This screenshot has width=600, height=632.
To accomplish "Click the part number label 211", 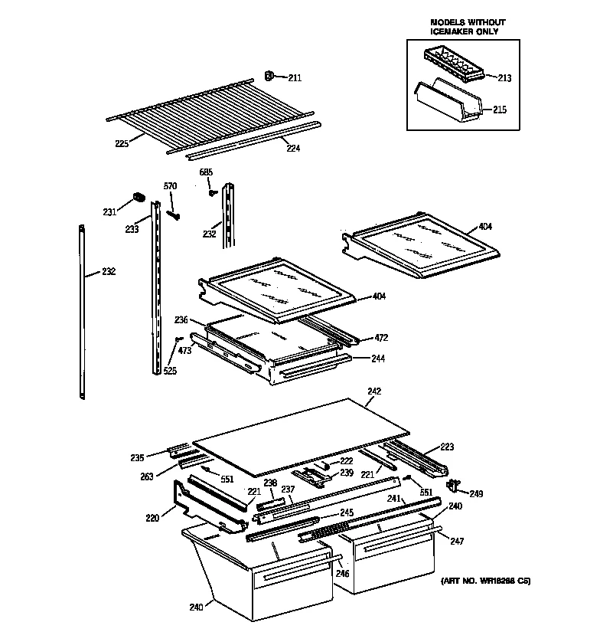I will tap(295, 77).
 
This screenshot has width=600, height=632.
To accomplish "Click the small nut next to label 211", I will tap(270, 75).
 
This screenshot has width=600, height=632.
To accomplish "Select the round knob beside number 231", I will tap(139, 198).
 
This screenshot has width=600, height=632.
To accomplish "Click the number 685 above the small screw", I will tap(206, 172).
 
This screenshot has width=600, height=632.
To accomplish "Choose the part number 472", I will tap(381, 338).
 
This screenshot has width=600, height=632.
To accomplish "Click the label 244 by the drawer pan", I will tap(378, 359).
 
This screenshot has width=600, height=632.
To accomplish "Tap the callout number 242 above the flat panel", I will tap(373, 391).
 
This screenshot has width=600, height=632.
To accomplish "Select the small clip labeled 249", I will tap(455, 484).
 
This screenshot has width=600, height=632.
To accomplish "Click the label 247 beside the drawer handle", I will tap(457, 541).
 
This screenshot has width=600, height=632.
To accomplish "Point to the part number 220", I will tap(152, 519).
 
